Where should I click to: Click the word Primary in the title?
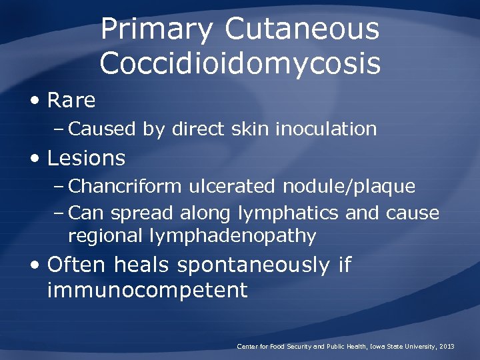(x=157, y=30)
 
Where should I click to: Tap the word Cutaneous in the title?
(x=302, y=30)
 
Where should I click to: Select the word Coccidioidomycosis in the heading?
(x=240, y=63)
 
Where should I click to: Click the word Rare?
(x=71, y=101)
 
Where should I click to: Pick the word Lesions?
(x=86, y=158)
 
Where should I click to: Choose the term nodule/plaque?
(x=349, y=186)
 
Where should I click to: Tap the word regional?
(x=108, y=236)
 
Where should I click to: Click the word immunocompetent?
(x=147, y=290)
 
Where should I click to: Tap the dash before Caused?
(x=60, y=129)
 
